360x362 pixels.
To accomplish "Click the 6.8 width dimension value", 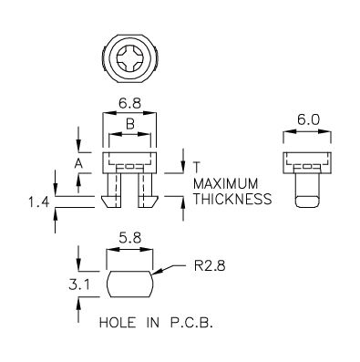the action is tap(129, 103).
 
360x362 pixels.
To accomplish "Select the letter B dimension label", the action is tap(130, 124).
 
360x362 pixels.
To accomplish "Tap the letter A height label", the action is tap(78, 164).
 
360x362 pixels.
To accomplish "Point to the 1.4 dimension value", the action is tap(39, 202).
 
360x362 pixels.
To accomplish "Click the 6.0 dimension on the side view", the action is tap(308, 120).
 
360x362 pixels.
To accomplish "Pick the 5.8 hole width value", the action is tap(129, 239).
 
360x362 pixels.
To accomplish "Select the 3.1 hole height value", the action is tap(79, 285).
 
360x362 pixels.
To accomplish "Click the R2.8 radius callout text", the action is tap(210, 266).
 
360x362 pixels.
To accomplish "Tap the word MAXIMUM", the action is tap(226, 184).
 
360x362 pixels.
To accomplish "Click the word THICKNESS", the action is tap(232, 199).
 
